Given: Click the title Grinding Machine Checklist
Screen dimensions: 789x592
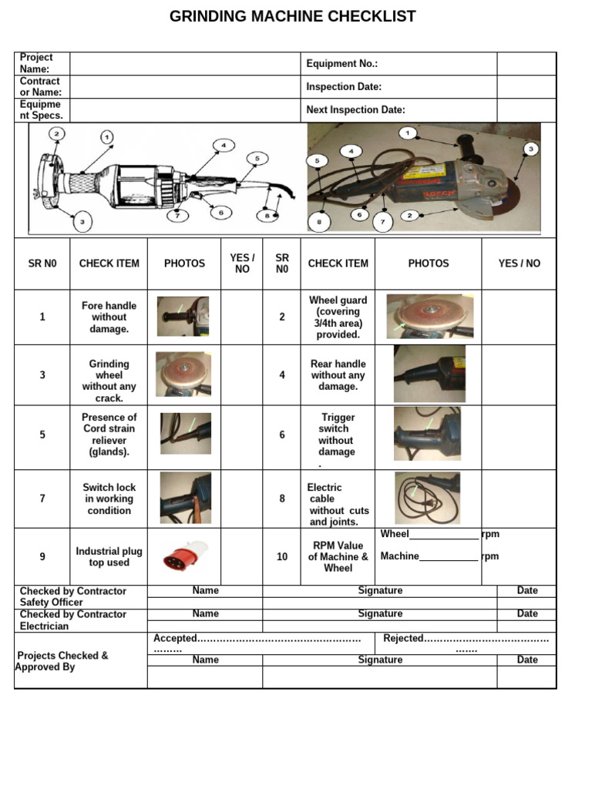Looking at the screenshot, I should (292, 16).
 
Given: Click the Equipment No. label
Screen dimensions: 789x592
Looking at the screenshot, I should (341, 64).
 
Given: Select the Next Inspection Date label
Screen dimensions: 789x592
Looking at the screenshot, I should (355, 110).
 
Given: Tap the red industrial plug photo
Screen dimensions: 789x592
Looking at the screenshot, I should (184, 556).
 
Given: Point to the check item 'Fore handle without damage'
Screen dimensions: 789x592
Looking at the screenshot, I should (109, 317).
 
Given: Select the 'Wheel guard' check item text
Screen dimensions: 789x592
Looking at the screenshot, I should (338, 317).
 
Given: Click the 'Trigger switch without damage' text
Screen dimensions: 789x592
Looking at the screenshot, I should (337, 435).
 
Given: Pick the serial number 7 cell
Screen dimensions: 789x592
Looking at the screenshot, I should (42, 499).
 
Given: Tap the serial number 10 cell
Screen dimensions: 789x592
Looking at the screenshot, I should (282, 556).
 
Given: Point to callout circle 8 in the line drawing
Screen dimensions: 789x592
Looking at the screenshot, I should (267, 216).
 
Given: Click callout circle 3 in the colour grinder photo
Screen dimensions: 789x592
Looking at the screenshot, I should (530, 149).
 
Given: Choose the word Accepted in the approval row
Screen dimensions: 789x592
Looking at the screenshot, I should (175, 638).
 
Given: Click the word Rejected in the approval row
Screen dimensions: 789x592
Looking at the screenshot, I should (403, 638).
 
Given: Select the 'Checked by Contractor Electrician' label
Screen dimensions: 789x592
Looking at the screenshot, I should (72, 620).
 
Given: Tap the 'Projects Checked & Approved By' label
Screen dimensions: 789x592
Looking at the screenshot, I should (62, 661).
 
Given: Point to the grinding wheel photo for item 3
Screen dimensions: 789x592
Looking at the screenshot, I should (183, 374).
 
